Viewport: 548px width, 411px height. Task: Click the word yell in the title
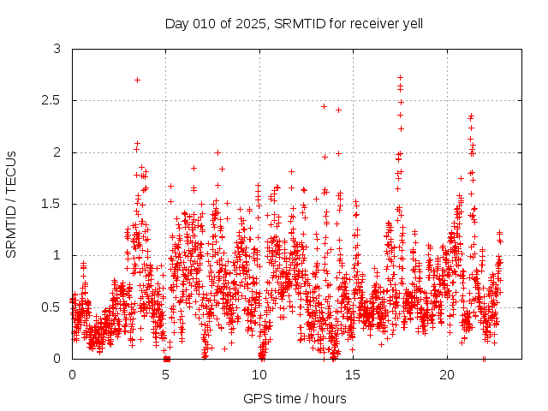(412, 22)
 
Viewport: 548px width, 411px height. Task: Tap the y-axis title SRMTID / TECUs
(11, 204)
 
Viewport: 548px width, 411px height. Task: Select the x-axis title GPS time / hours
(295, 398)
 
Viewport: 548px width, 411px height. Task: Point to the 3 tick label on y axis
(57, 50)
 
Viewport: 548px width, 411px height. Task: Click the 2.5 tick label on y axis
(53, 101)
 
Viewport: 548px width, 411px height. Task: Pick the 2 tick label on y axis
(57, 152)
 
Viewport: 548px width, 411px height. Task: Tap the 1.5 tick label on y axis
(53, 204)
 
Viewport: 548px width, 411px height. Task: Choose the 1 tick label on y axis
(57, 255)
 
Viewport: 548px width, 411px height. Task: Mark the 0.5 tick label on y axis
(53, 307)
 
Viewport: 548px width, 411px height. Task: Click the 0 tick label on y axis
(57, 358)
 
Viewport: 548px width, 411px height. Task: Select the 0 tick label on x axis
(72, 374)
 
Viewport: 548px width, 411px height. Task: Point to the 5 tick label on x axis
(166, 374)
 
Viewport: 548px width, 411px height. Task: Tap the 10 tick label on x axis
(259, 374)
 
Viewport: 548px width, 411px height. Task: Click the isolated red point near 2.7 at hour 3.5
(137, 80)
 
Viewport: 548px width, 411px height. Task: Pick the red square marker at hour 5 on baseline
(167, 358)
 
